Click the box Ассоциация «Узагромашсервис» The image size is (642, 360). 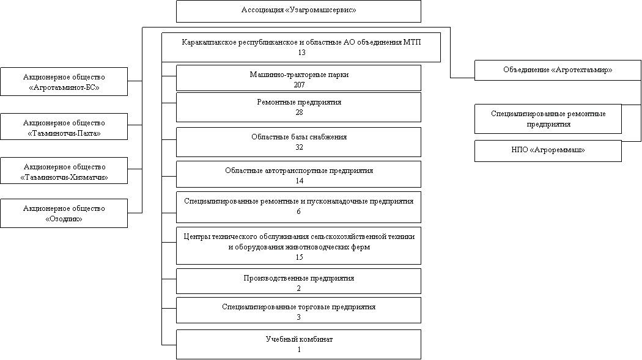tap(298, 11)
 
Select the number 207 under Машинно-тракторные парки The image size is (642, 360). tap(299, 84)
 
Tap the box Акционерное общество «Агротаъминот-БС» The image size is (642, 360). tap(64, 82)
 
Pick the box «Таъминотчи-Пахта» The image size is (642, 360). tap(64, 128)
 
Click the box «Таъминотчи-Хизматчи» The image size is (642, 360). tap(64, 171)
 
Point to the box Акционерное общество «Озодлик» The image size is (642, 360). tap(64, 213)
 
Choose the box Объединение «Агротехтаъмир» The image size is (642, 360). tap(558, 70)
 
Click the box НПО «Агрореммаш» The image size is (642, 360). tap(548, 151)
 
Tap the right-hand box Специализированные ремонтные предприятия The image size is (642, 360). tap(548, 119)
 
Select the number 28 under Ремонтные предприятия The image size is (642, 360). tap(299, 112)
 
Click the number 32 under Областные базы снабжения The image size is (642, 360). tap(299, 147)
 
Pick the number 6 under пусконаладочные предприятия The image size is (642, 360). tap(299, 211)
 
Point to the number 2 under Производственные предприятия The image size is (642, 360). tap(299, 288)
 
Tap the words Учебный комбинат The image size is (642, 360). tap(299, 339)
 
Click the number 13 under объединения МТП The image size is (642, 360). tap(301, 53)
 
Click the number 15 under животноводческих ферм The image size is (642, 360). tap(299, 257)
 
